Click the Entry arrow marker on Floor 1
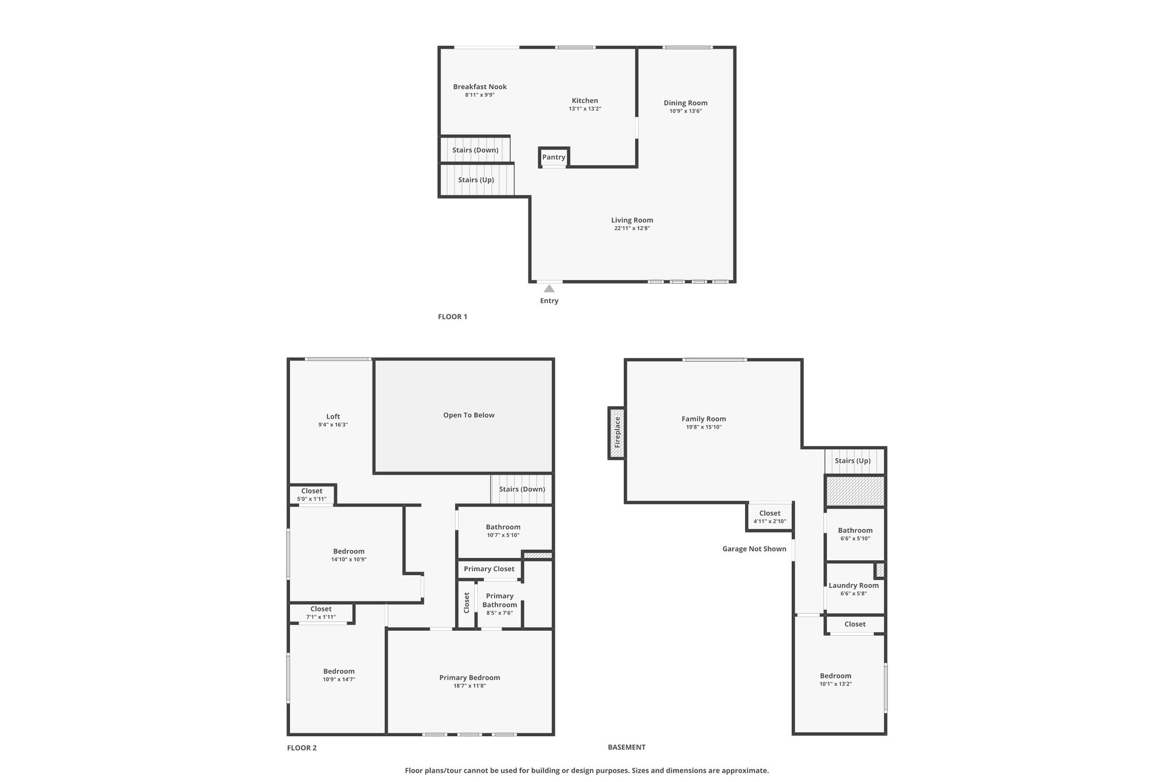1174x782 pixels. (x=549, y=288)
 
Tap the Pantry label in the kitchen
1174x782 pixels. (x=554, y=157)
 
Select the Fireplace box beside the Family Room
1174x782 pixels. (x=616, y=433)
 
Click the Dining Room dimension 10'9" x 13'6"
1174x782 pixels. (x=686, y=111)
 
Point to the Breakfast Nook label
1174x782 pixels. (x=480, y=87)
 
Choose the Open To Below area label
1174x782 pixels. (x=469, y=415)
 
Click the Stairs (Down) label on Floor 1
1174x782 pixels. (x=475, y=150)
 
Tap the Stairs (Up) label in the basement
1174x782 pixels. (x=852, y=461)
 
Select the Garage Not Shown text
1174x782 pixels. (x=754, y=549)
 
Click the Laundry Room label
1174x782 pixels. (x=854, y=585)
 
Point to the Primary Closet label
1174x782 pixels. (x=489, y=569)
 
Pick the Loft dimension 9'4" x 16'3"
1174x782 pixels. (x=333, y=425)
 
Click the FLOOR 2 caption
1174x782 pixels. (x=302, y=748)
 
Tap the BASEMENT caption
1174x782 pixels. (x=627, y=747)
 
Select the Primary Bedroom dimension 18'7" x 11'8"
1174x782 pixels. (x=469, y=686)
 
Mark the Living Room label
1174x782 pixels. (x=632, y=220)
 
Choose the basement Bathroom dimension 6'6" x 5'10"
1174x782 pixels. (x=855, y=539)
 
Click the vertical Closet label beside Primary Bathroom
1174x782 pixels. (x=467, y=603)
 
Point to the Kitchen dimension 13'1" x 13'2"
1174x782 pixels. (x=585, y=109)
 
